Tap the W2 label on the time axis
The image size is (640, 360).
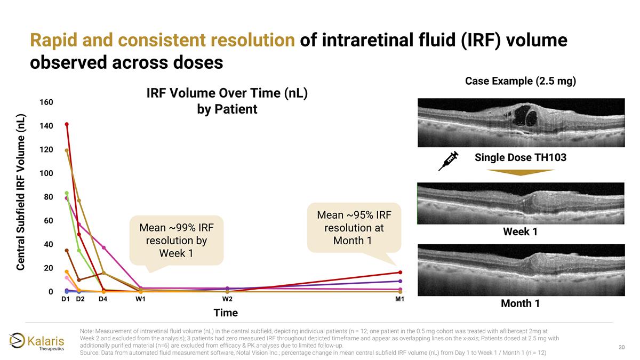[x=227, y=299]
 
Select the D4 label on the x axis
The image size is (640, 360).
[x=102, y=299]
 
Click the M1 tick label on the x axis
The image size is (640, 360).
[x=399, y=299]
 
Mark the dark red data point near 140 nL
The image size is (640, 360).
[x=67, y=124]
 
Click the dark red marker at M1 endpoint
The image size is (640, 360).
[x=400, y=273]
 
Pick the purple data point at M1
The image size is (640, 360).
[x=400, y=281]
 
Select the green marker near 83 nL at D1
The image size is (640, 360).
[x=67, y=193]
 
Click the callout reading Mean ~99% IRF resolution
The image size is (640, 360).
[x=177, y=240]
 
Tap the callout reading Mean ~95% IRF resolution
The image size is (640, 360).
[x=354, y=228]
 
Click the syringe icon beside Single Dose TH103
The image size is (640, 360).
[x=449, y=160]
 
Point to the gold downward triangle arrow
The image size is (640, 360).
[x=521, y=172]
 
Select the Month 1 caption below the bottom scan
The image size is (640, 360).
[x=520, y=303]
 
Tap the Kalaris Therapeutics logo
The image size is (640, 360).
[x=37, y=341]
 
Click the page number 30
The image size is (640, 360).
[x=621, y=348]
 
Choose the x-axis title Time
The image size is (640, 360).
[x=226, y=313]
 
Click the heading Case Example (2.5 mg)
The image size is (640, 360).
[x=521, y=82]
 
